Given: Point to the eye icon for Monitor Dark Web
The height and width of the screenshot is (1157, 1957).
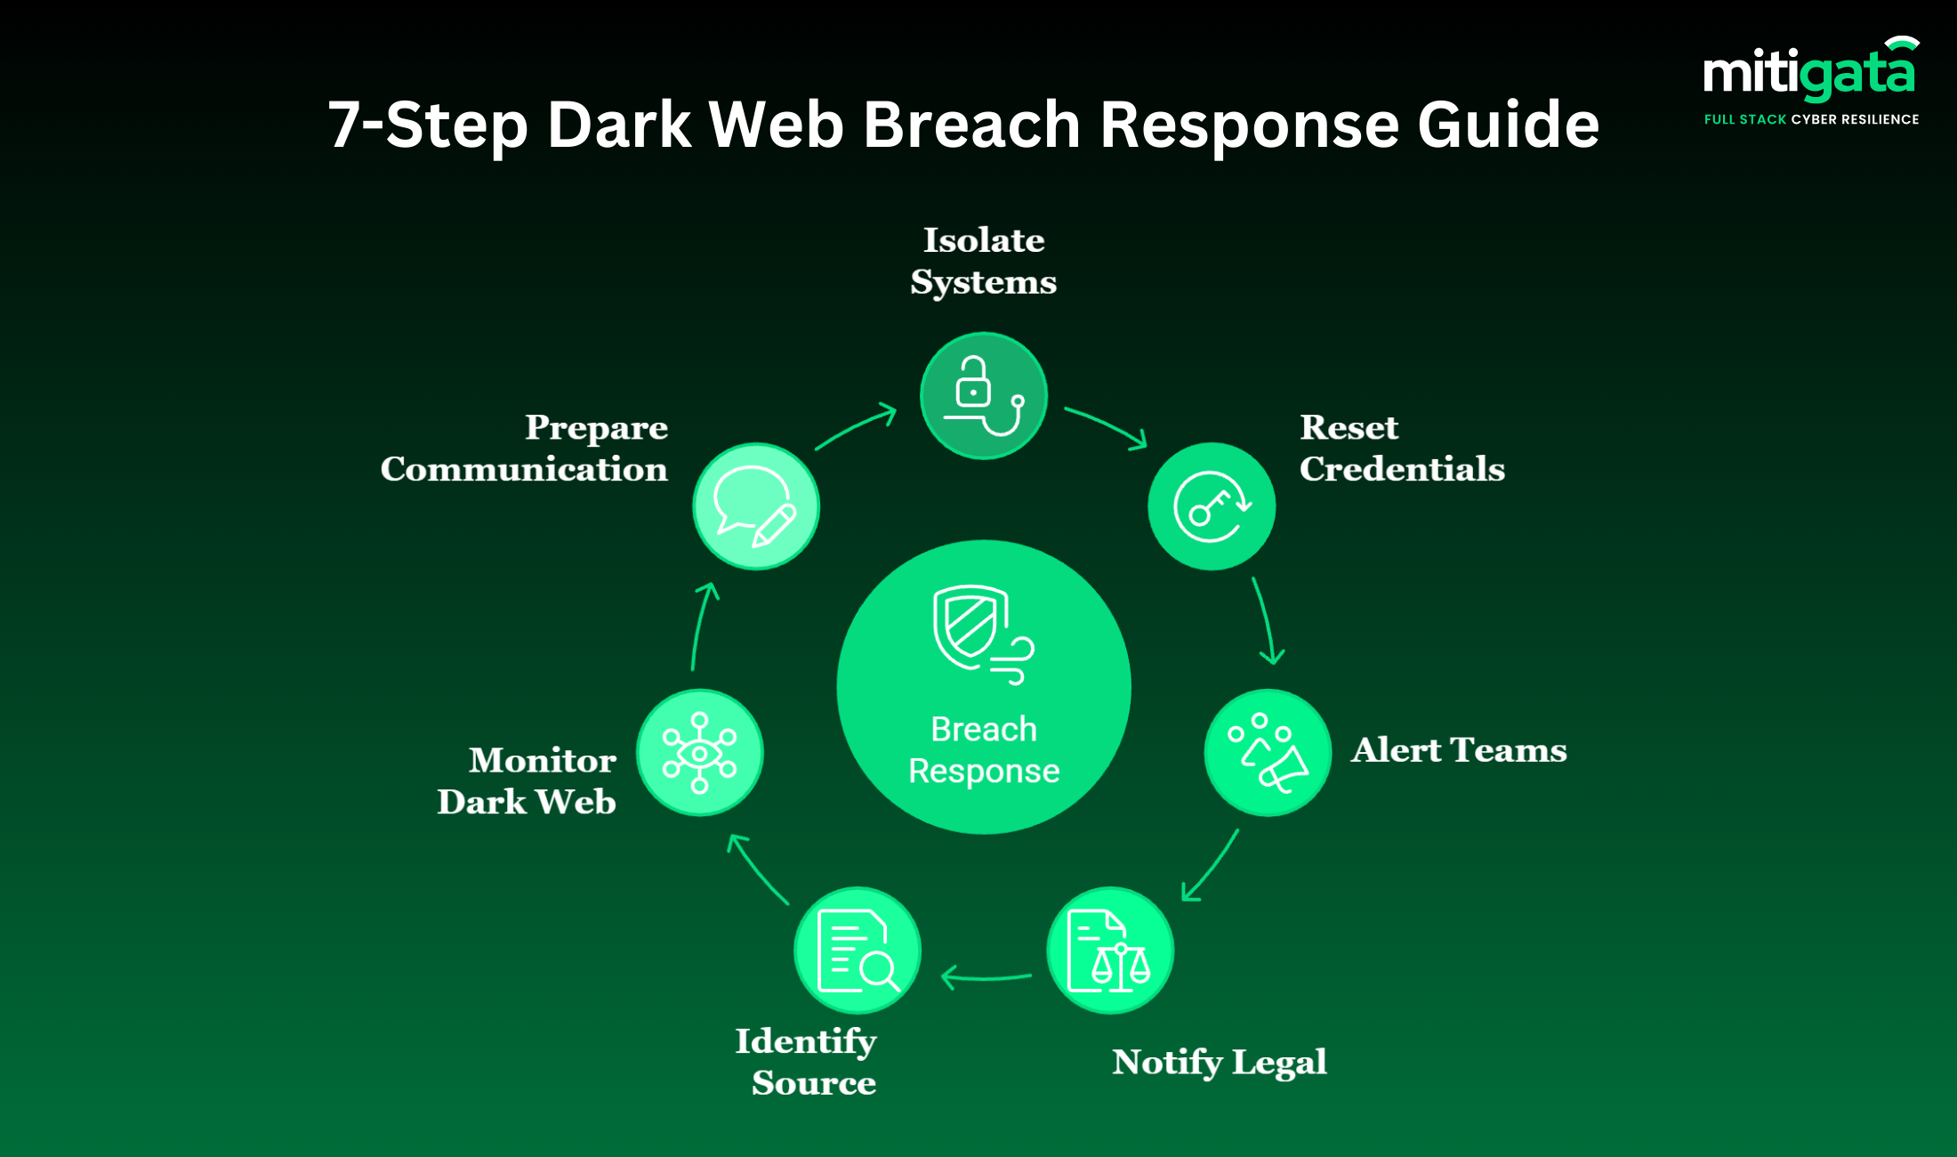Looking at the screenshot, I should pyautogui.click(x=700, y=753).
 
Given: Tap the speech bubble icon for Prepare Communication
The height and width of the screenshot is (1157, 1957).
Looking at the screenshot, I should pyautogui.click(x=756, y=506).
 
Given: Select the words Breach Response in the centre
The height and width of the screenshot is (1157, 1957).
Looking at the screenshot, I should pyautogui.click(x=984, y=749).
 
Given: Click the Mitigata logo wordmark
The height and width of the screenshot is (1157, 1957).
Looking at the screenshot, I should pyautogui.click(x=1809, y=73).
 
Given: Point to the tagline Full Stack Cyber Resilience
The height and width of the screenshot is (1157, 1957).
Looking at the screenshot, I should pyautogui.click(x=1811, y=119).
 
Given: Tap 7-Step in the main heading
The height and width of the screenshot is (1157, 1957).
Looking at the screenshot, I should pyautogui.click(x=427, y=124).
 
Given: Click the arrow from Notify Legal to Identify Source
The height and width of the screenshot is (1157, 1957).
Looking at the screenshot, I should pyautogui.click(x=986, y=977).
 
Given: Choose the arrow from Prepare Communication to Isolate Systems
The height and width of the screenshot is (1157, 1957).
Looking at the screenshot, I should pyautogui.click(x=856, y=427).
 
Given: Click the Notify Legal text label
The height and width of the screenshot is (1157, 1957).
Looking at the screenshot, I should pyautogui.click(x=1219, y=1062).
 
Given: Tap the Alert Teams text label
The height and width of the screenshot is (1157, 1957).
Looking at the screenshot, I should pyautogui.click(x=1459, y=750).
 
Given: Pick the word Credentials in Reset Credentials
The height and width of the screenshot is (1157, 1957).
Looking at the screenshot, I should pyautogui.click(x=1402, y=469).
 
